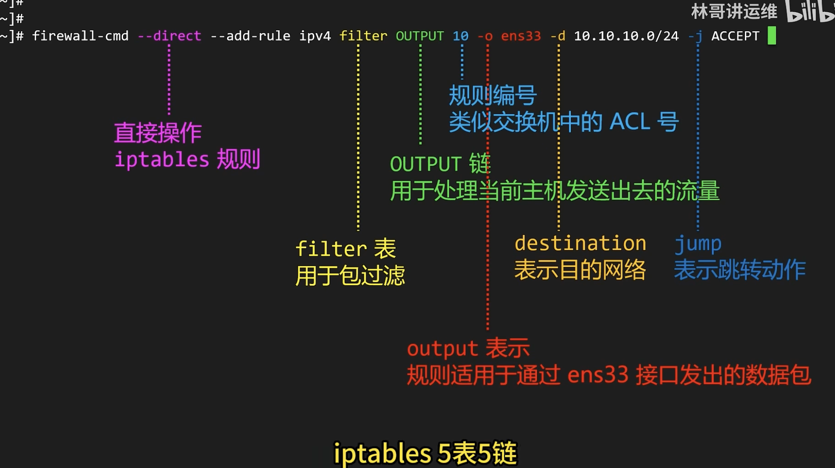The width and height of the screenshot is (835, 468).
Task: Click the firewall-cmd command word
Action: [x=80, y=36]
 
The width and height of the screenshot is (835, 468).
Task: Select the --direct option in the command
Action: [x=169, y=36]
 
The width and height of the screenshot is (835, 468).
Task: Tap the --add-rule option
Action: [x=250, y=36]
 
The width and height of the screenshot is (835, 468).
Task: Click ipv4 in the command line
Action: [x=315, y=36]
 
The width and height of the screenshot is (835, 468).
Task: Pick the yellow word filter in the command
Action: [x=363, y=36]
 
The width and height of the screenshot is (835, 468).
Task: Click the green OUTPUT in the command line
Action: [x=419, y=36]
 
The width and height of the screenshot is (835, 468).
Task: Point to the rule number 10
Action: [x=460, y=36]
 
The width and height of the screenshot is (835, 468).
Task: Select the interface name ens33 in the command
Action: [x=521, y=36]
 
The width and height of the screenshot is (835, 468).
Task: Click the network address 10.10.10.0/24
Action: [x=626, y=36]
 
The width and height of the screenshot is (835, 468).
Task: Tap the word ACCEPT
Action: [x=735, y=36]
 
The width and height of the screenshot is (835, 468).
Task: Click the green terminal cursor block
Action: [x=772, y=36]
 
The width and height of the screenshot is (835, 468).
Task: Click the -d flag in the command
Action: [x=558, y=36]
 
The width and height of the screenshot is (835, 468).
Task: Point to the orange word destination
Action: [x=580, y=243]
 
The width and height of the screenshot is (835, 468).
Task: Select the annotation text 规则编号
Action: [x=492, y=95]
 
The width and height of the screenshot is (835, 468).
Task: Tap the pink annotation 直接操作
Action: [x=158, y=133]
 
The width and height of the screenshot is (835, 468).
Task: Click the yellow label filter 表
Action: [x=345, y=249]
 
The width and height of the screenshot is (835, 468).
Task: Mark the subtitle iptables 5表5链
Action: [x=425, y=453]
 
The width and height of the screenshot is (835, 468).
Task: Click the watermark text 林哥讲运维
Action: [x=734, y=12]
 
